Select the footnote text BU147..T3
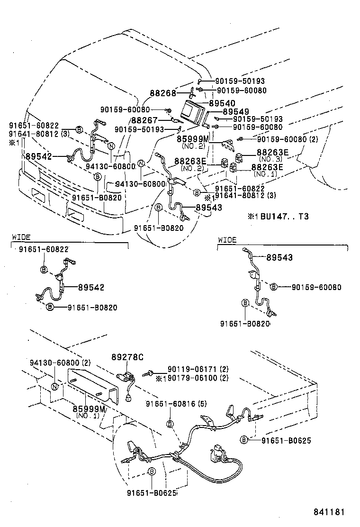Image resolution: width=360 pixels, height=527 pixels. pyautogui.click(x=281, y=216)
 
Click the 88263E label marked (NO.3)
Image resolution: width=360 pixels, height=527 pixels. pyautogui.click(x=272, y=152)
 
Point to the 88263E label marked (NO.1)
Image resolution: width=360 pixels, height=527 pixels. pyautogui.click(x=267, y=167)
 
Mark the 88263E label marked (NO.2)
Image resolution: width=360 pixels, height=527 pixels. pyautogui.click(x=190, y=161)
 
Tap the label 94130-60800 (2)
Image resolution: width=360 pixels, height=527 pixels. pyautogui.click(x=52, y=363)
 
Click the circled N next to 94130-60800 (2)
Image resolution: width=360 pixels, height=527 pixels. pyautogui.click(x=54, y=386)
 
